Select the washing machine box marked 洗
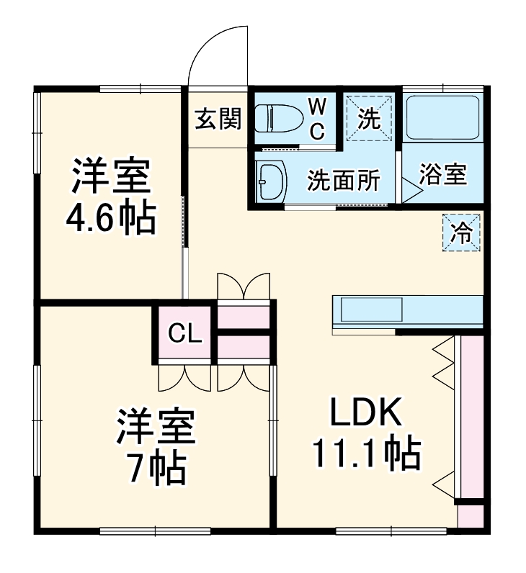[370, 118]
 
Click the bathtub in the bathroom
[442, 117]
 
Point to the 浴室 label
[442, 175]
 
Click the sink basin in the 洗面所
[271, 179]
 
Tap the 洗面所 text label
[343, 181]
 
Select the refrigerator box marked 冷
[460, 233]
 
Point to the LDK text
[365, 413]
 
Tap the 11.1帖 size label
[365, 454]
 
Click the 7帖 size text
[156, 469]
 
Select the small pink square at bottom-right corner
[471, 516]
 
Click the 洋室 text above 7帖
[156, 428]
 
